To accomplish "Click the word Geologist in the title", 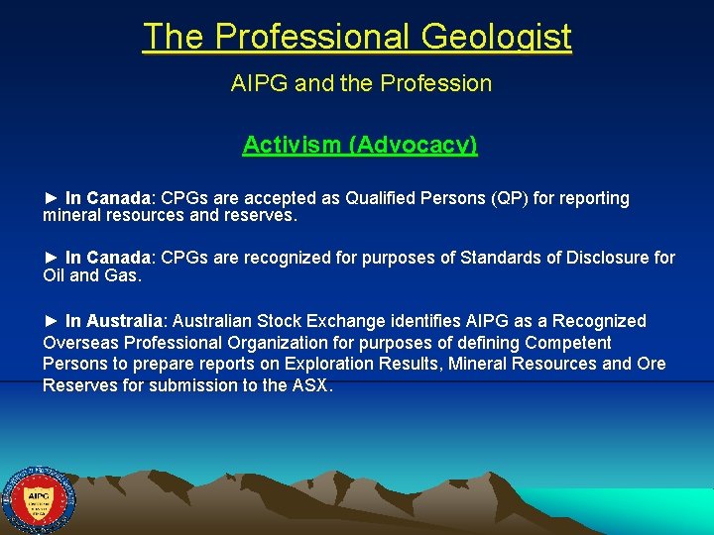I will coord(496,37).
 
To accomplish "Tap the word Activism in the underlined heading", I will coord(291,145).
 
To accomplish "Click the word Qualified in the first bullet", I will coord(382,198).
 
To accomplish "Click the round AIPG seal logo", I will coord(39,500).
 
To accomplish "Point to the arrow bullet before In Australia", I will coord(52,321).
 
